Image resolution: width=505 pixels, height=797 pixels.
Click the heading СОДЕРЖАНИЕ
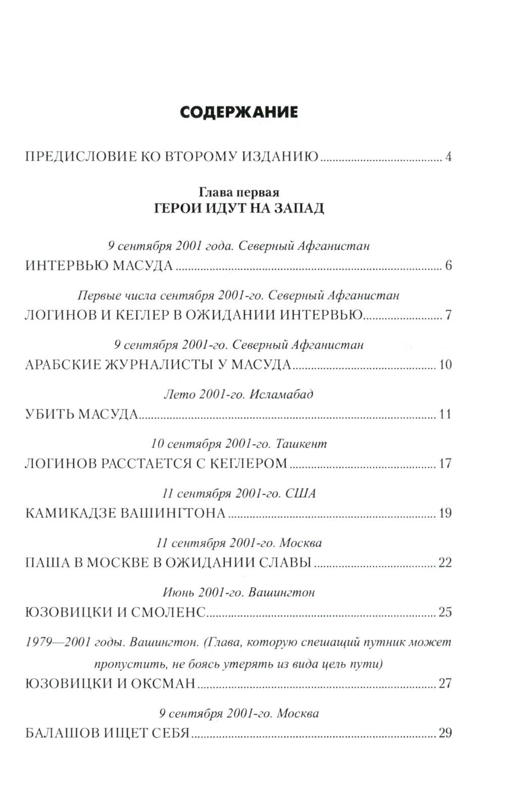(239, 112)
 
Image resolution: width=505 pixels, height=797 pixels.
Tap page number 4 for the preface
(448, 157)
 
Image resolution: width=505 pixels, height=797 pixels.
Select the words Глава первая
(239, 192)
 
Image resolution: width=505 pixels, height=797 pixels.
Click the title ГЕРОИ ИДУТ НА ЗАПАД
(239, 208)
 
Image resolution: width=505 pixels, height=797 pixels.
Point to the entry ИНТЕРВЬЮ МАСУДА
(99, 266)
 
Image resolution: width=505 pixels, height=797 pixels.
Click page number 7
(448, 315)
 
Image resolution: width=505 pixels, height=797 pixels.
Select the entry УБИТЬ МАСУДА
(81, 414)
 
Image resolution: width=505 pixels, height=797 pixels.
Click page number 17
(445, 464)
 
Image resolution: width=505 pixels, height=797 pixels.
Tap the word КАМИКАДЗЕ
(71, 513)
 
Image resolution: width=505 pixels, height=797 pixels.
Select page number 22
(445, 563)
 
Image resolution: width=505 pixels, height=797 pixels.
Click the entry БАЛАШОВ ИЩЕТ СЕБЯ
(107, 733)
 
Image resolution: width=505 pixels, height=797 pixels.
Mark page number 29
(445, 733)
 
